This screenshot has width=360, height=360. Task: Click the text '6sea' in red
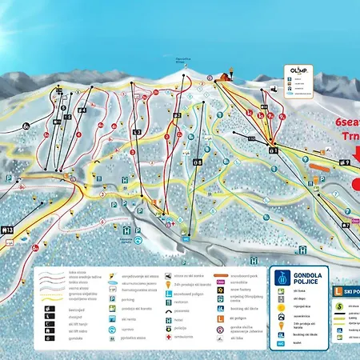[x=343, y=121]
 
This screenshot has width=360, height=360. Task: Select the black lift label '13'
[x=7, y=230]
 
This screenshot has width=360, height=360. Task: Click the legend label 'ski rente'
[x=130, y=318]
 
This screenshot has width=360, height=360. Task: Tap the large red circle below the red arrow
[x=355, y=184]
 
